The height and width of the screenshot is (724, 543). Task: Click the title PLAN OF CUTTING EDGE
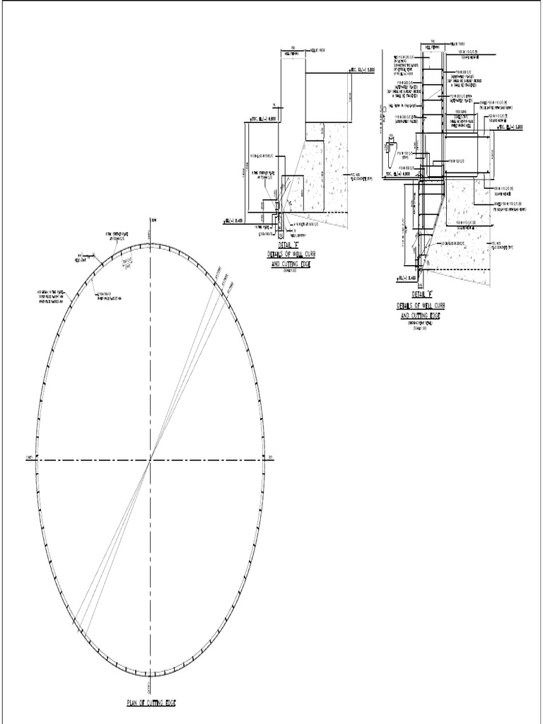pos(150,703)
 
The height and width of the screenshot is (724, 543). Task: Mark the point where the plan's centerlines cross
pos(150,460)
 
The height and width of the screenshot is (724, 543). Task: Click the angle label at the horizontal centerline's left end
pos(30,458)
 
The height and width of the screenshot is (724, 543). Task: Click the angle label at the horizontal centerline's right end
pos(270,458)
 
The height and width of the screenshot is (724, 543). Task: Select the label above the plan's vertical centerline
pos(151,222)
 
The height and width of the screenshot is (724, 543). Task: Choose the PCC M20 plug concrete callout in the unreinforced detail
pos(354,175)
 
